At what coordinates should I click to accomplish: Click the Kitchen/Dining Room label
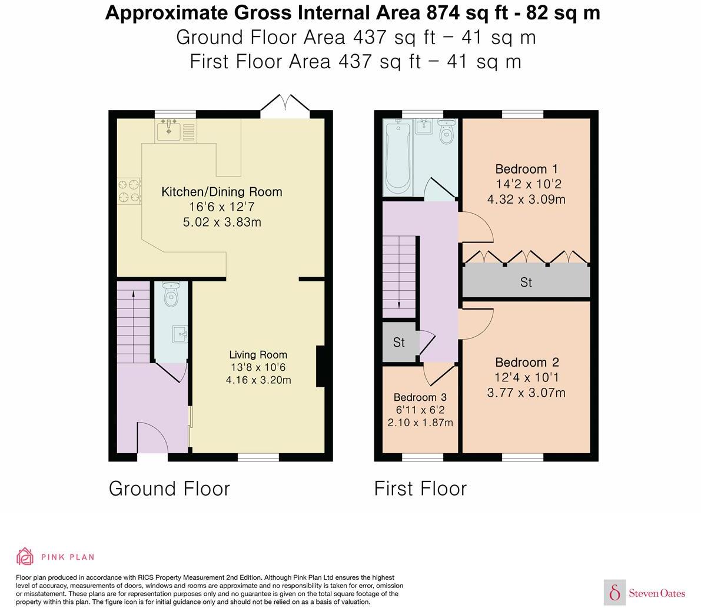click(x=222, y=192)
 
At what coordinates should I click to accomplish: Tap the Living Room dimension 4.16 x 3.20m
click(x=258, y=380)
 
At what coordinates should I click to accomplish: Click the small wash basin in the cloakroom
click(x=180, y=335)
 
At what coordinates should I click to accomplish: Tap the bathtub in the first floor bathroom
click(x=397, y=157)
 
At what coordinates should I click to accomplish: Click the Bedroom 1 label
click(x=526, y=169)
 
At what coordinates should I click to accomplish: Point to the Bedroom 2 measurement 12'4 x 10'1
click(x=526, y=377)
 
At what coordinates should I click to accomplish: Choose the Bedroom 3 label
click(x=420, y=397)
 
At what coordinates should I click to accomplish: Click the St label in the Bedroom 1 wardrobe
click(x=526, y=283)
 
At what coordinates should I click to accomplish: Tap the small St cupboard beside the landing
click(x=399, y=342)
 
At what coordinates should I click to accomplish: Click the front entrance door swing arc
click(x=152, y=436)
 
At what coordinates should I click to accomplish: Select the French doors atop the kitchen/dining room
click(x=285, y=104)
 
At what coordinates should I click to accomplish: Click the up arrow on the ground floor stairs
click(x=134, y=297)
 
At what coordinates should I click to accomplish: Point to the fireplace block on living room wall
click(x=320, y=366)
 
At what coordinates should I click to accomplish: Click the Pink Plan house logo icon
click(x=25, y=556)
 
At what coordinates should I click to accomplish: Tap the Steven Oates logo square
click(x=614, y=592)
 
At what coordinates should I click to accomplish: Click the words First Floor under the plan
click(x=420, y=489)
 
